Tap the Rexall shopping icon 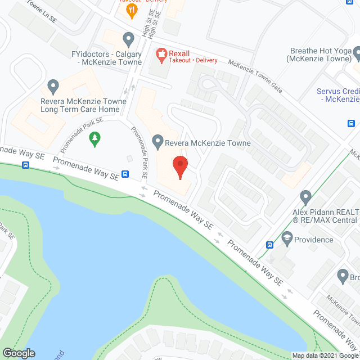(x=161, y=53)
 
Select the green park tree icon (x=96, y=138)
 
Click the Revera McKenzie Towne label (x=208, y=143)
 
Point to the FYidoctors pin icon (x=128, y=39)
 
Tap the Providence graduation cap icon (x=287, y=239)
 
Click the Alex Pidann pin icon (x=306, y=197)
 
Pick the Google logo (x=18, y=353)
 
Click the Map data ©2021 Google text (x=325, y=355)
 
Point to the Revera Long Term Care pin (x=53, y=86)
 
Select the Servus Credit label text (x=337, y=94)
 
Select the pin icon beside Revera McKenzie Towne (x=158, y=143)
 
